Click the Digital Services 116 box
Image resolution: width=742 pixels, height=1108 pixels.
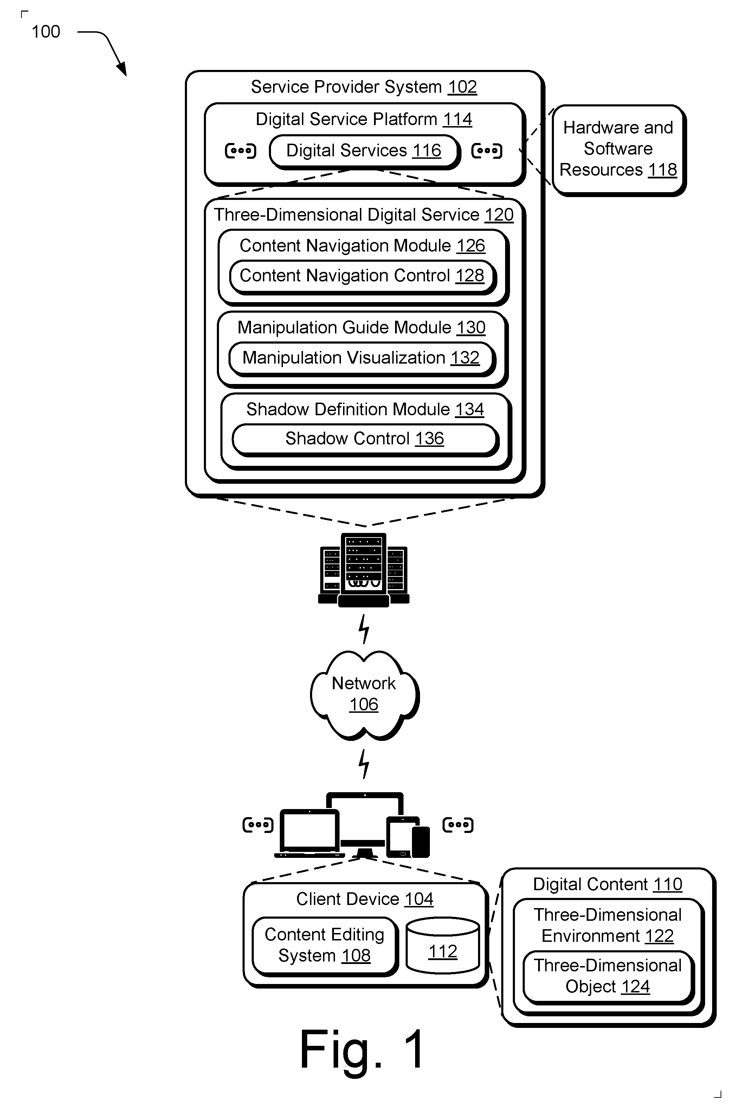[364, 151]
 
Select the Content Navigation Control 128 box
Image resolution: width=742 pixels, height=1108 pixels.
[362, 276]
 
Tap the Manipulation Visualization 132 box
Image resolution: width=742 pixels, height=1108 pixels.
[362, 358]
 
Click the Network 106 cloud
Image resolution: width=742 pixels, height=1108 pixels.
[364, 695]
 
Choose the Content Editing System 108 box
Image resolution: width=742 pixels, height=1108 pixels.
[325, 946]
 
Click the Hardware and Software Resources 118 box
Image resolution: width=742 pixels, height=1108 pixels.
[619, 149]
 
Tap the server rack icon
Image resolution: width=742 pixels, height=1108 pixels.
[364, 570]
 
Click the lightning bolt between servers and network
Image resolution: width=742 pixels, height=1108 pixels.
[364, 629]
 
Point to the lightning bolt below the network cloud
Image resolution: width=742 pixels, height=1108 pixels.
[364, 764]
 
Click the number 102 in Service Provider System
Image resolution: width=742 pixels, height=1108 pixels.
[462, 87]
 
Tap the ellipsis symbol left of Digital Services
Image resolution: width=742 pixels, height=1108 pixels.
[240, 151]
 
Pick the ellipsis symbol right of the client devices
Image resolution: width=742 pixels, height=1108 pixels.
[458, 825]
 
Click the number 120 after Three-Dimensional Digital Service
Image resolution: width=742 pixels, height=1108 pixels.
[499, 215]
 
